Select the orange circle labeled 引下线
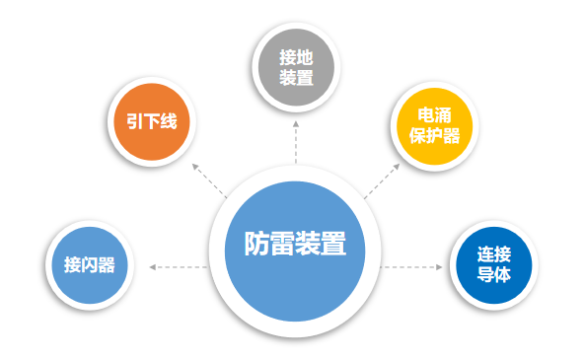[x=151, y=123]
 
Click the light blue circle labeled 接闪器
[x=91, y=264]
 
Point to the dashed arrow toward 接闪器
[x=178, y=266]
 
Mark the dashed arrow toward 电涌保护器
[x=380, y=180]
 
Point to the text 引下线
[x=151, y=123]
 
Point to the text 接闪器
[x=91, y=264]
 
